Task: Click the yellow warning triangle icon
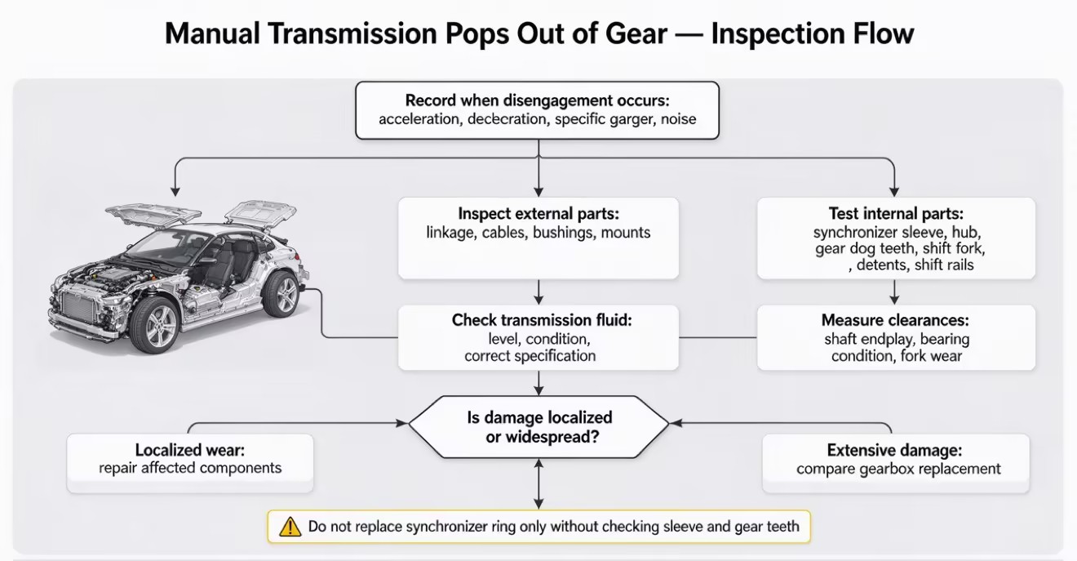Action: pos(290,527)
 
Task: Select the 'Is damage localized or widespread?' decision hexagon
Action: pos(538,427)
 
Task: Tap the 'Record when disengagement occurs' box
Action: pos(538,110)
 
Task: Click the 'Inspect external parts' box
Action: pos(538,238)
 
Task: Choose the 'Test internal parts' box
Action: pos(896,238)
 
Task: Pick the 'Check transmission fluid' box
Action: pos(538,337)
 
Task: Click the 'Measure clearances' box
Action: pos(896,337)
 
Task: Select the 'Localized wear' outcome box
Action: pos(190,463)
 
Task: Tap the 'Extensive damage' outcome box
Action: pos(896,463)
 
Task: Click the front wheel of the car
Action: pos(155,325)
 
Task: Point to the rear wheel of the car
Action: pos(281,295)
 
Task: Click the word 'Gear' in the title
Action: pos(636,33)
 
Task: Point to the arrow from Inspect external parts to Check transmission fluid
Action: pos(538,292)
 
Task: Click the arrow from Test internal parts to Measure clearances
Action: pos(894,292)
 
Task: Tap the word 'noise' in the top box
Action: pos(678,119)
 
